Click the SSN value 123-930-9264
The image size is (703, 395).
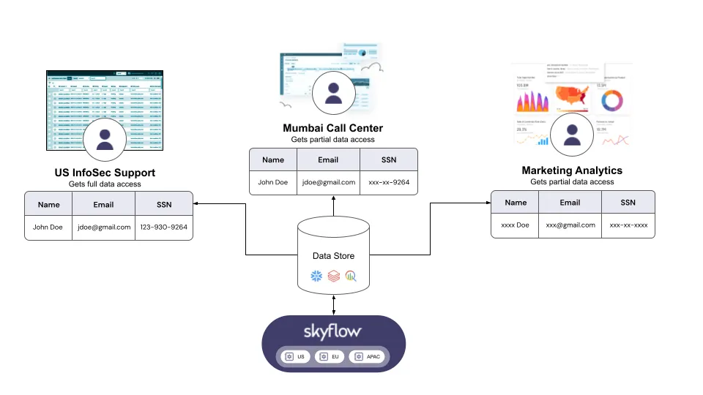[163, 227]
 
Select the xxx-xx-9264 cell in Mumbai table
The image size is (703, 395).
[388, 182]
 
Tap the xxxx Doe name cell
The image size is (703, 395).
[516, 225]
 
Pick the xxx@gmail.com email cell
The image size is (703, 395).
[571, 225]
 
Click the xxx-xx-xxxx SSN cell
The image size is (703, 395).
[628, 225]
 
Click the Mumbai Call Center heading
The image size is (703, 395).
[333, 129]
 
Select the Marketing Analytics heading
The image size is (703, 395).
[572, 170]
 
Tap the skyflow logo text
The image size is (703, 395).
[333, 331]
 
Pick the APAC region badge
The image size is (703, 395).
[367, 356]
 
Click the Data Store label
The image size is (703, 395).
[333, 256]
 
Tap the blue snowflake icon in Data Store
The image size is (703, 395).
[316, 276]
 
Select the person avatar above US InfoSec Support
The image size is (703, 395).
[105, 139]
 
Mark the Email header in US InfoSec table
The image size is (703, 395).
[103, 205]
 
